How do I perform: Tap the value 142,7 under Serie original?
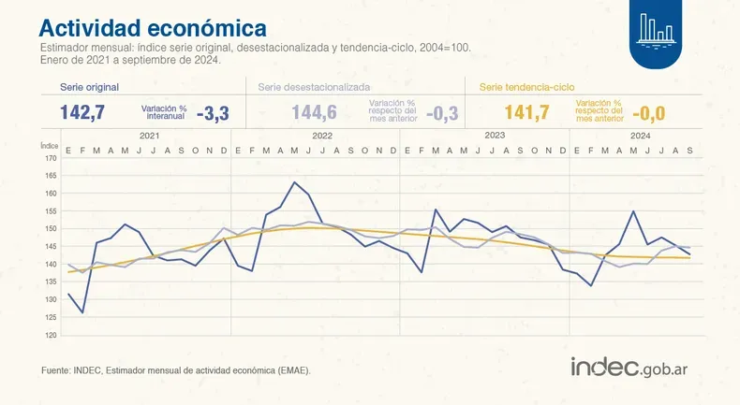click(81, 113)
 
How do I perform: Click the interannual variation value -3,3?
click(213, 114)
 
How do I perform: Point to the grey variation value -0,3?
click(442, 114)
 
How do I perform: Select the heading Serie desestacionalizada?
click(316, 86)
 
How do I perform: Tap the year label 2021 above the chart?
click(148, 137)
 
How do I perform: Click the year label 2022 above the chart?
click(321, 137)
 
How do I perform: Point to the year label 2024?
click(640, 137)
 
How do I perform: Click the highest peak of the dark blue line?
click(295, 182)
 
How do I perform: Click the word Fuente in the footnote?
click(57, 371)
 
